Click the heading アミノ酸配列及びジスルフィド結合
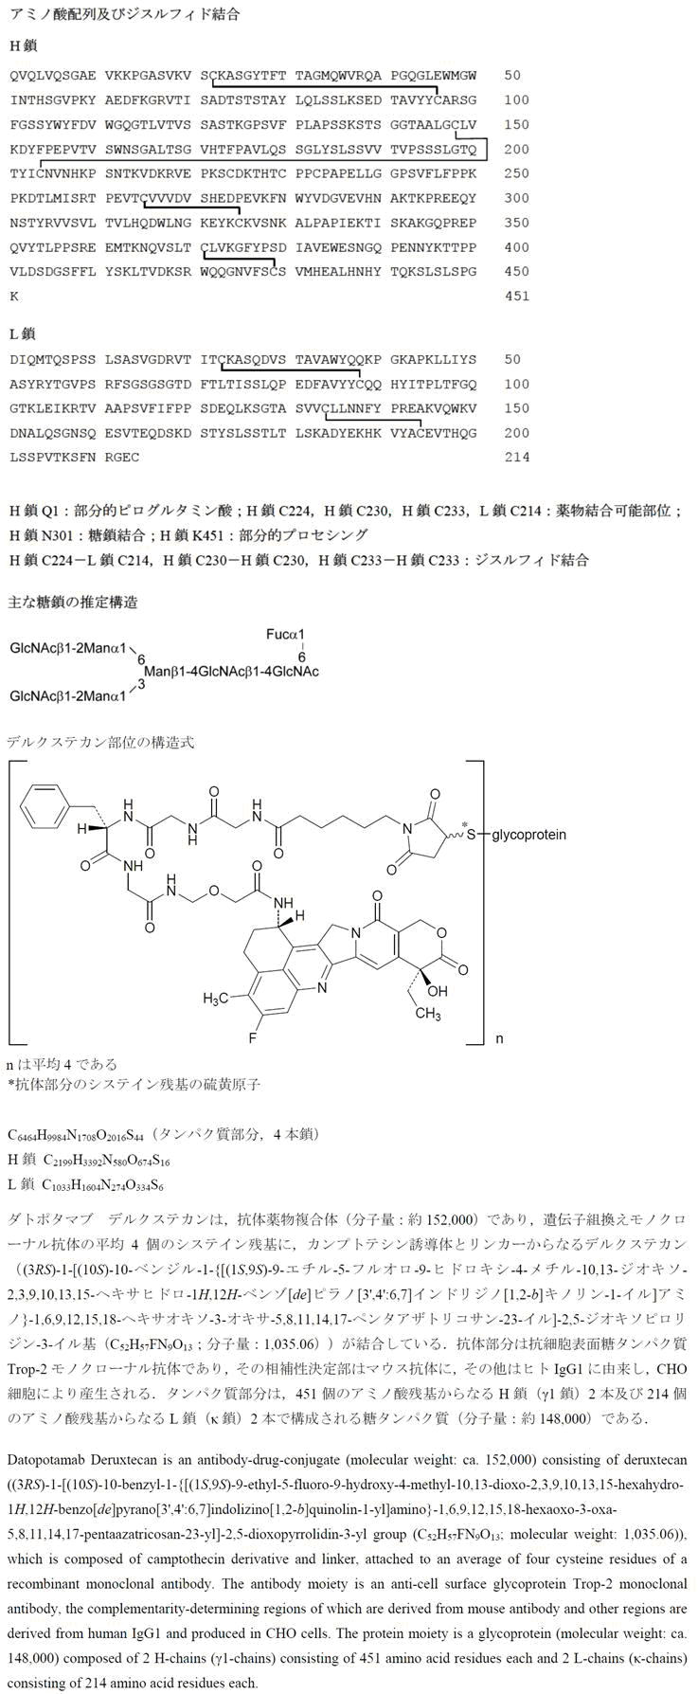click(123, 14)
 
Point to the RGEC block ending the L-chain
click(133, 458)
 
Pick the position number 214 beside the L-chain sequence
click(519, 458)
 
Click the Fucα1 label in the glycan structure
click(287, 634)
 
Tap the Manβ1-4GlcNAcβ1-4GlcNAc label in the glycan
click(231, 672)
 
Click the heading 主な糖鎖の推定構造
click(73, 602)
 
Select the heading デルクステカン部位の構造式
click(99, 742)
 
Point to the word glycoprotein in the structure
click(528, 835)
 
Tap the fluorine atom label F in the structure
click(253, 1038)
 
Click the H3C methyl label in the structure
click(216, 999)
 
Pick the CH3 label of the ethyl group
click(427, 1015)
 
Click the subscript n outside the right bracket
click(499, 1039)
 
